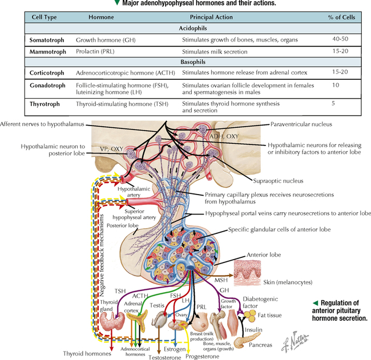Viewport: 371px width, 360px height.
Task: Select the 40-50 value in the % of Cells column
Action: [338, 41]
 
